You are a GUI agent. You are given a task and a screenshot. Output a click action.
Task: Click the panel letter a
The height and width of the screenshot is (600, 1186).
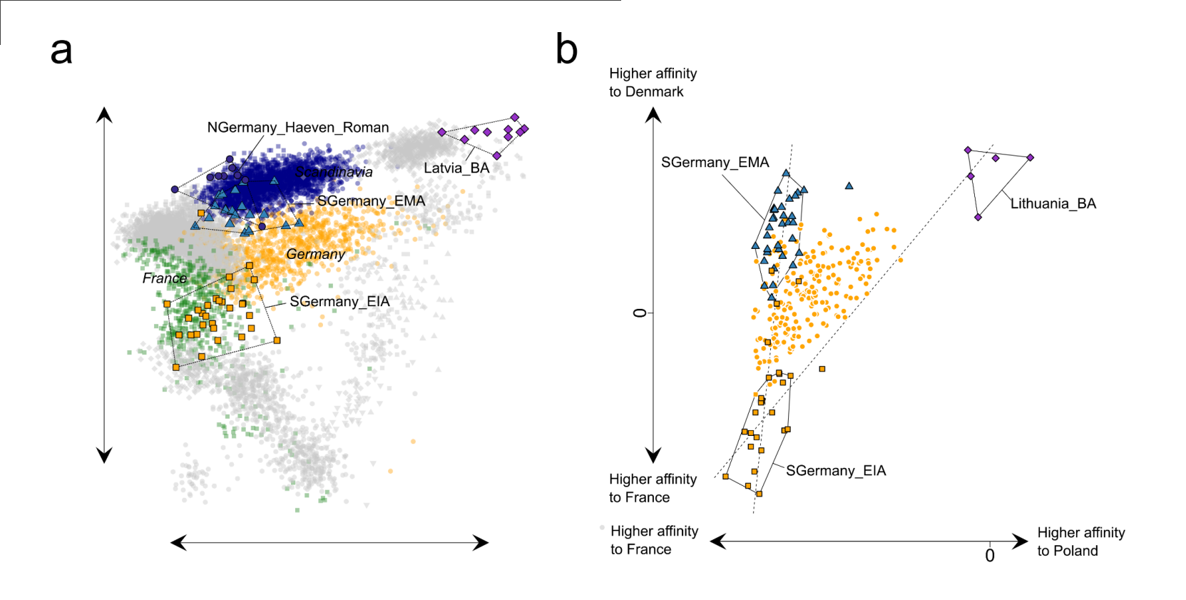pos(61,51)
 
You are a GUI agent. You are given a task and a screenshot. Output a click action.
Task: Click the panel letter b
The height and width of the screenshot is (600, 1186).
pos(566,49)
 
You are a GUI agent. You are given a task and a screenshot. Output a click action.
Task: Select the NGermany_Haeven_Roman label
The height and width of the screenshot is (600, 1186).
pos(298,128)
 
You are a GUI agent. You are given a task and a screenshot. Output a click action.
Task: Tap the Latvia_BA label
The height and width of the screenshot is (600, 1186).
pos(456,168)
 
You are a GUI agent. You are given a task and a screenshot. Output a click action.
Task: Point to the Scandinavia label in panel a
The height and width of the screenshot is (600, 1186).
pos(334,172)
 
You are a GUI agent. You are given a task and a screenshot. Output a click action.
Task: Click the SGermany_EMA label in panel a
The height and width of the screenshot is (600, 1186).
pos(371,201)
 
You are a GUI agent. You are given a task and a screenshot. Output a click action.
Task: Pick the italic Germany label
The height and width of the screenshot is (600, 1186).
pos(315,254)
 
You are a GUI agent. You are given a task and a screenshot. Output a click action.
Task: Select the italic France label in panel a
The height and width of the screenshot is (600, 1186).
pos(164,278)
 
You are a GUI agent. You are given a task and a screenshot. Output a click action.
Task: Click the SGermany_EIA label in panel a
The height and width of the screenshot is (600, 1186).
pos(339,302)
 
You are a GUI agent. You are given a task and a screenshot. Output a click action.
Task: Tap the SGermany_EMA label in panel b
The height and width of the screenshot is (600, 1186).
pos(715,163)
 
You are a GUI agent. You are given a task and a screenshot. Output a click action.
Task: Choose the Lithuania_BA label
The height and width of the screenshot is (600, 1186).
pos(1053,204)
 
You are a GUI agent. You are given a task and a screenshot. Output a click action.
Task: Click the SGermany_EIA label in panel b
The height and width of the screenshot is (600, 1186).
pos(836,471)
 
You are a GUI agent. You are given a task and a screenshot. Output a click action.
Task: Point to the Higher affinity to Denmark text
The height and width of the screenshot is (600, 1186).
pos(653,83)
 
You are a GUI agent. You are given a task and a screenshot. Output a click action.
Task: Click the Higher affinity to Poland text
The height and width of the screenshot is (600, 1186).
pos(1080,541)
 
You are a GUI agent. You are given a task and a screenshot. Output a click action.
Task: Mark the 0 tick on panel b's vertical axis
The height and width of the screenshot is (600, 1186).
pos(640,312)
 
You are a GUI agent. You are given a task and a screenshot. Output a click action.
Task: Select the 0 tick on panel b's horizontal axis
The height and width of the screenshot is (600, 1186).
pos(990,556)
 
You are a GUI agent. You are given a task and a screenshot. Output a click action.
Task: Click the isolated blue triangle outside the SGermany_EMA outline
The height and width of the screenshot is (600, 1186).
pos(849,186)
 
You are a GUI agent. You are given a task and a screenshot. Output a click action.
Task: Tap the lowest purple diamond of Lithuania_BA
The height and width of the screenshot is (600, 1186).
pos(978,217)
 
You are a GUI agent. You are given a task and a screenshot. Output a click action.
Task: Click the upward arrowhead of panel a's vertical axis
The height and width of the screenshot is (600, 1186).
pos(104,114)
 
